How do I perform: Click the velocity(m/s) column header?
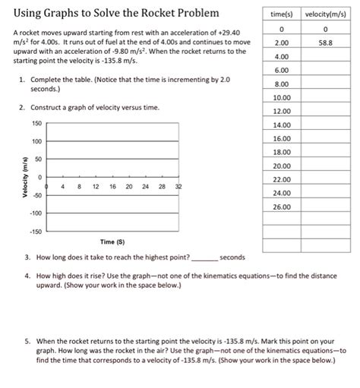324,14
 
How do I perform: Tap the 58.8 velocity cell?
324,43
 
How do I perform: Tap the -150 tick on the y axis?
35,230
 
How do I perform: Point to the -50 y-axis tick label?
36,194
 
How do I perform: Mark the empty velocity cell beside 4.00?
324,57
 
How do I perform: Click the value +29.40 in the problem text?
214,34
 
